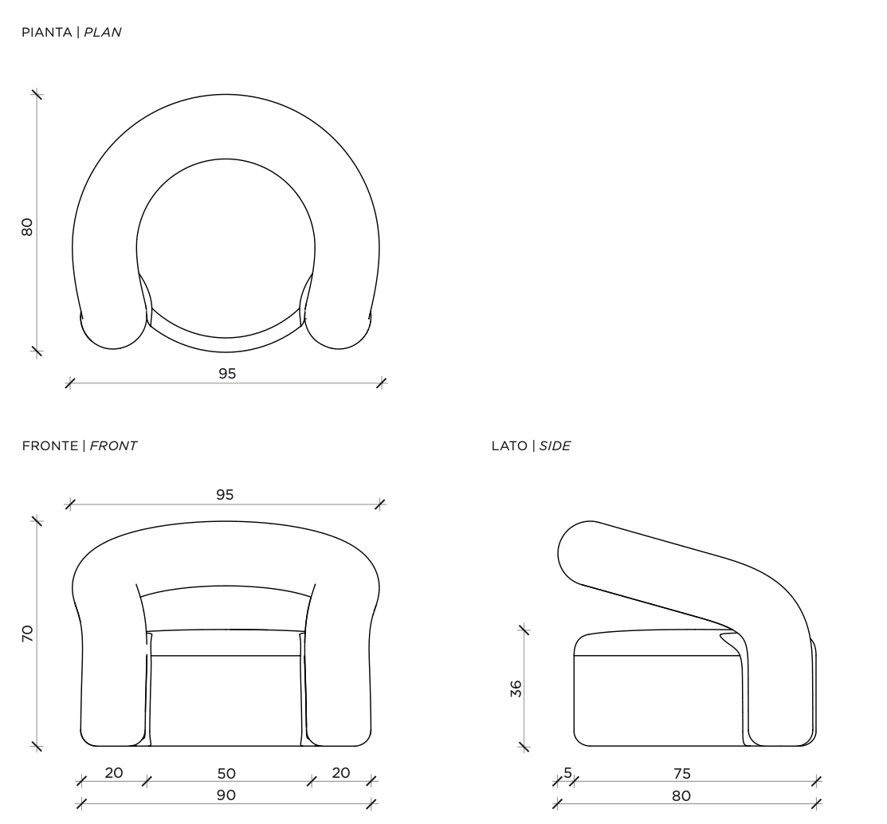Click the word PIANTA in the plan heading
point(47,32)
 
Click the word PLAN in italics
point(102,32)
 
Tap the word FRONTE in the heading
point(50,446)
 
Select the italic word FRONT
point(113,446)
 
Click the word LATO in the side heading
point(509,446)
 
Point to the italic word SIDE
point(555,446)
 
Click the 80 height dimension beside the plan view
point(27,227)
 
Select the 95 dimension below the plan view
point(227,374)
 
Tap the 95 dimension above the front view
point(225,495)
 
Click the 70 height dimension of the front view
point(27,634)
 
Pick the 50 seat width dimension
point(226,773)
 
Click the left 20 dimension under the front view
point(114,772)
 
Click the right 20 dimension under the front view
point(340,772)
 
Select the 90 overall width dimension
point(226,795)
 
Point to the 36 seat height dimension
point(516,689)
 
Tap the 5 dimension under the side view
point(568,772)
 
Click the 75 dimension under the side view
point(682,773)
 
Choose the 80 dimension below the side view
point(681,796)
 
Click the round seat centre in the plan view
point(226,249)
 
